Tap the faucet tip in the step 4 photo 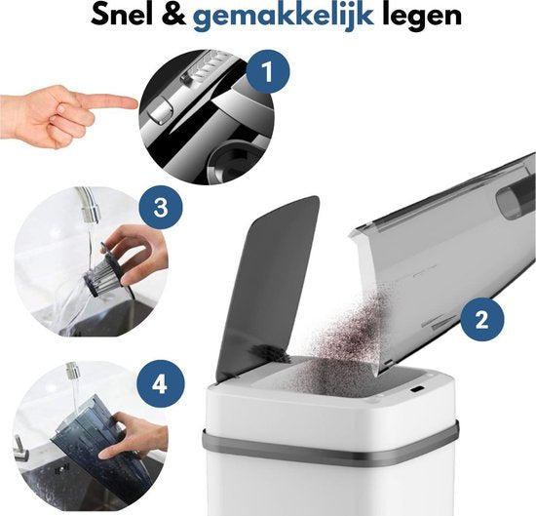pos(71,374)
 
